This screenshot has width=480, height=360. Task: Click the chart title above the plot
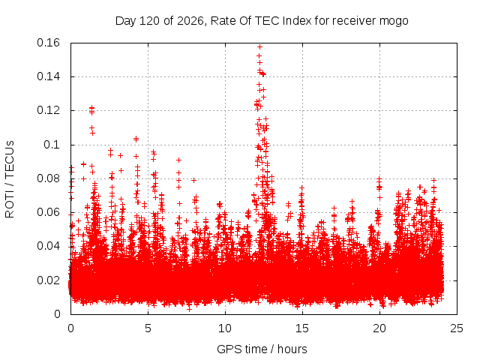click(x=262, y=21)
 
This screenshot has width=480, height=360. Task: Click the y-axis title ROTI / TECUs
click(x=10, y=179)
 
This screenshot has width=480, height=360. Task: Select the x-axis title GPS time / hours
click(x=262, y=349)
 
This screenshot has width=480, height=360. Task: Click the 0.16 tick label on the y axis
click(x=48, y=43)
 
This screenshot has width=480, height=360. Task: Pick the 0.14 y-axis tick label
click(x=48, y=76)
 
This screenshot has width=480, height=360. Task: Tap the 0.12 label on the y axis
click(x=48, y=110)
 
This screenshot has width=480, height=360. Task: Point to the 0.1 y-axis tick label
click(x=52, y=145)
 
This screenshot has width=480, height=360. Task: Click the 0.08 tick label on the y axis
click(x=48, y=178)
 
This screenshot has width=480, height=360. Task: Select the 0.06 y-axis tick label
click(x=48, y=212)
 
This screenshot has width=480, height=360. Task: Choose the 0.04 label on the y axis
click(x=48, y=246)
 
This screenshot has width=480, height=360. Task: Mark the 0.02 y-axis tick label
click(x=48, y=280)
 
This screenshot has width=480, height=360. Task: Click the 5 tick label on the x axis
click(x=148, y=328)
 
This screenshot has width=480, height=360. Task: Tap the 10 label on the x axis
click(x=225, y=328)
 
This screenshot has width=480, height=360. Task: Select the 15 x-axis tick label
click(x=302, y=328)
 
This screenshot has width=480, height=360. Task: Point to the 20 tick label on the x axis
click(x=379, y=328)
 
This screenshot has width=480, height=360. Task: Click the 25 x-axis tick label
click(x=457, y=328)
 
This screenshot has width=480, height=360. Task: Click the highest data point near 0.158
click(x=260, y=46)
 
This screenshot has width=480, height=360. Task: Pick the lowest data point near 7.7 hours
click(x=190, y=310)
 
